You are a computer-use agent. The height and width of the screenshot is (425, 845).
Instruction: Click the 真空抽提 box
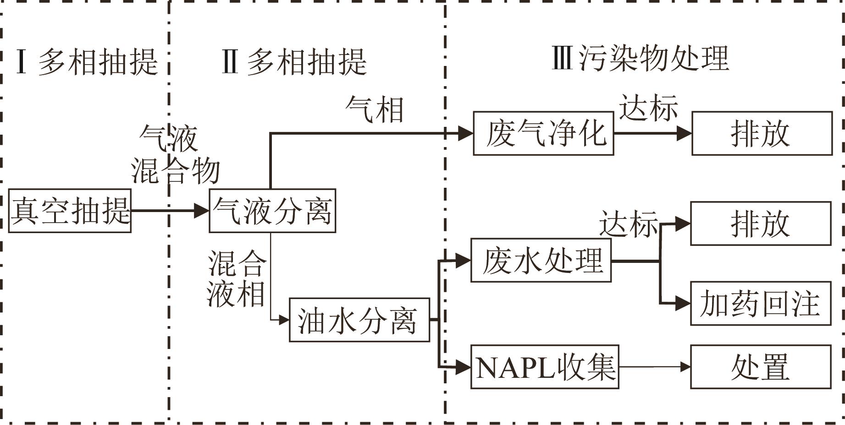pyautogui.click(x=70, y=211)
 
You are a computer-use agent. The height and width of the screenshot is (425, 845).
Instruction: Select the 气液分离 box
pyautogui.click(x=272, y=211)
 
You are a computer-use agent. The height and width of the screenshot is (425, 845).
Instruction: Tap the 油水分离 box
pyautogui.click(x=359, y=320)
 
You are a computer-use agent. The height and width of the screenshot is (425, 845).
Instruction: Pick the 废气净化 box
pyautogui.click(x=543, y=133)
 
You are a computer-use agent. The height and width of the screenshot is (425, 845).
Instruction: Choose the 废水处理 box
pyautogui.click(x=541, y=260)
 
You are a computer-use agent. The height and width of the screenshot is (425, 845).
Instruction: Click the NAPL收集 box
pyautogui.click(x=545, y=367)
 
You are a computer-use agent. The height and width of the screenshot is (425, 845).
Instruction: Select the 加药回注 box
pyautogui.click(x=761, y=303)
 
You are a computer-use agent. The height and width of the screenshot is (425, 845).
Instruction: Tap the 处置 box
pyautogui.click(x=761, y=367)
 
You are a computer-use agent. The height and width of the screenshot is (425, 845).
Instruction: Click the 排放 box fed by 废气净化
pyautogui.click(x=762, y=133)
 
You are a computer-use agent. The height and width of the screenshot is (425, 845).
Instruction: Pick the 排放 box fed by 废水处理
pyautogui.click(x=761, y=223)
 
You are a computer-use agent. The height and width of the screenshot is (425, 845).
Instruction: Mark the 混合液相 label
pyautogui.click(x=236, y=278)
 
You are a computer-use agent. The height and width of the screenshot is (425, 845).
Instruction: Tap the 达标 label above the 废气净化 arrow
pyautogui.click(x=648, y=108)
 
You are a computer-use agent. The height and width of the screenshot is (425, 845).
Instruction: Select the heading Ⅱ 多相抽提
pyautogui.click(x=294, y=62)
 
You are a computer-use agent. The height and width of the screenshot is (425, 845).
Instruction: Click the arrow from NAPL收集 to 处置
pyautogui.click(x=654, y=367)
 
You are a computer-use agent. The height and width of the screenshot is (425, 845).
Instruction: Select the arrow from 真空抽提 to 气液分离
pyautogui.click(x=170, y=211)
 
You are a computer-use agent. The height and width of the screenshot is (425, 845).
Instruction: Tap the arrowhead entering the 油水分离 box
pyautogui.click(x=284, y=320)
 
